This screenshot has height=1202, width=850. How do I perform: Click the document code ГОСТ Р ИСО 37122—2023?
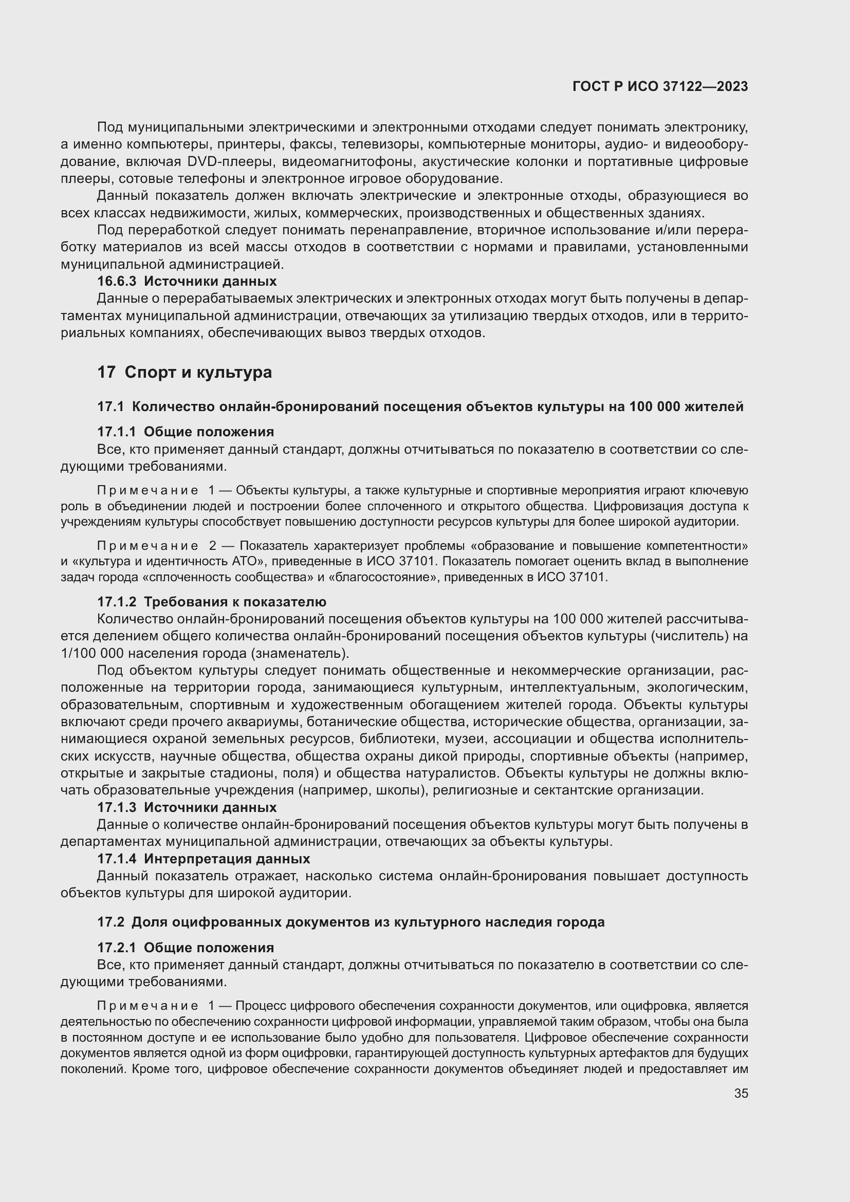(660, 86)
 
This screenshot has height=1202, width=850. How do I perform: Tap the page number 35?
(741, 1093)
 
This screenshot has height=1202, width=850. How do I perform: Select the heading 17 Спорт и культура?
(184, 372)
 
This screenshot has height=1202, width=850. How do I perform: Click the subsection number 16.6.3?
(116, 281)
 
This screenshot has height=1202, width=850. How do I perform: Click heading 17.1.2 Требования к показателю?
(211, 602)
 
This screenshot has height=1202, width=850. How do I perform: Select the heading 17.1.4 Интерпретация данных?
(203, 859)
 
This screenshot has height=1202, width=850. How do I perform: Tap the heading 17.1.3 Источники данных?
(187, 807)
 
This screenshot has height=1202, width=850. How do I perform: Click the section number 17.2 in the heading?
(110, 922)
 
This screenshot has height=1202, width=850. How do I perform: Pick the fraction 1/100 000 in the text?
(92, 653)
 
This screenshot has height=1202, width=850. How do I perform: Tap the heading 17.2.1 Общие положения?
(186, 948)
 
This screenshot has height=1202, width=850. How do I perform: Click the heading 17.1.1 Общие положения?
(186, 431)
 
